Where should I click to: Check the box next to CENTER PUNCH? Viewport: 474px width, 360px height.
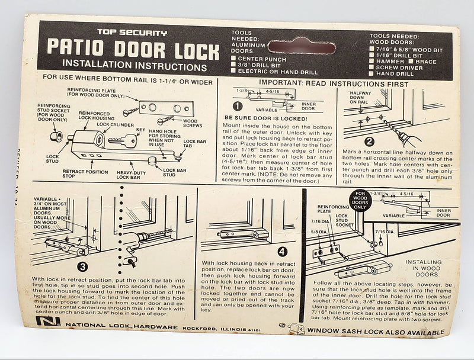[x=235, y=59]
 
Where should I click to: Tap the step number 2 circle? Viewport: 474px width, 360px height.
[x=369, y=142]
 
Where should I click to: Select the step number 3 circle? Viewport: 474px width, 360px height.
[x=82, y=267]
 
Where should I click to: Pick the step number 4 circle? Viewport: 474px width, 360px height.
[x=282, y=252]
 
